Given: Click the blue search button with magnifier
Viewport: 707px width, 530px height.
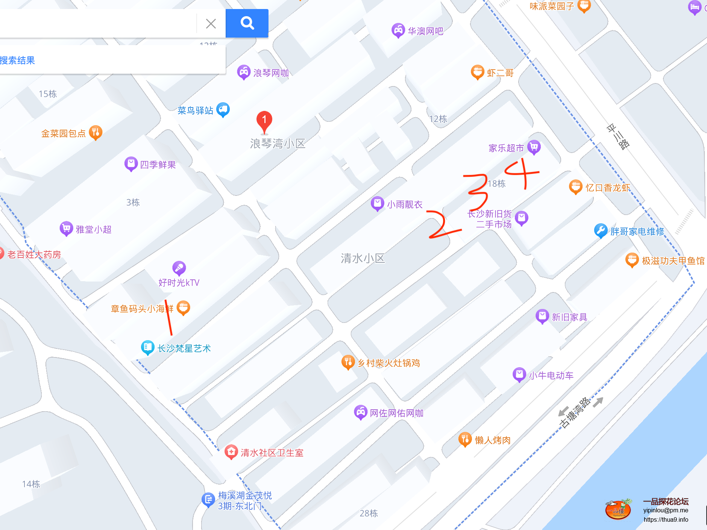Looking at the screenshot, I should point(247,23).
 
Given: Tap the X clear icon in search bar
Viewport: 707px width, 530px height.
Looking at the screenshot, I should point(211,24).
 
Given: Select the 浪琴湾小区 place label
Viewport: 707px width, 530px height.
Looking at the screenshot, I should point(278,144).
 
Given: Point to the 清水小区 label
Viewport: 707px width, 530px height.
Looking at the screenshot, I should point(363,258).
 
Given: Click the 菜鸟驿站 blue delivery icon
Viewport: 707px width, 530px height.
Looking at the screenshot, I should point(223,109).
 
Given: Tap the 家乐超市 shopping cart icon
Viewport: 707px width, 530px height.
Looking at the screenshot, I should point(534,147).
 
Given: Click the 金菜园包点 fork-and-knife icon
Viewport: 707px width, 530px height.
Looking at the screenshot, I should point(96,132).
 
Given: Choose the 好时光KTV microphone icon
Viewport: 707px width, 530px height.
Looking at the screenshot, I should point(179,268).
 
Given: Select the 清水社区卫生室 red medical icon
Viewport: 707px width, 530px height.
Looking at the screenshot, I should point(231,452).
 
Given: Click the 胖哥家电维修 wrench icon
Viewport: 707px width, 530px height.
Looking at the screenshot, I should point(600,230).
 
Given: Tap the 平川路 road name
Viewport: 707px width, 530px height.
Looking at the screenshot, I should point(618,137).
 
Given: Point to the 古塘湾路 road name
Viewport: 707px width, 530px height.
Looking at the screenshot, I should point(575,413).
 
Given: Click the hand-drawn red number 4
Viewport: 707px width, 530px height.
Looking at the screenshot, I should point(523,173).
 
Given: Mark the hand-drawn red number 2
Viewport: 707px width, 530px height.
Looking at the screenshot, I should point(442,225).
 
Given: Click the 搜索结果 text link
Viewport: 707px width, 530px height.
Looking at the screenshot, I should point(18,61).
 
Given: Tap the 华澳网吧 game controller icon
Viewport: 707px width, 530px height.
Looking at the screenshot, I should point(398,30).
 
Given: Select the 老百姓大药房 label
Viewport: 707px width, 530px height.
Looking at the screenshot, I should point(34,254).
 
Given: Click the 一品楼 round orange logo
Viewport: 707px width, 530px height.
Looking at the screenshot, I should point(618,510).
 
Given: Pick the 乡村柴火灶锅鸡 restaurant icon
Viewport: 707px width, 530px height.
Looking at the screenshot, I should point(348,362).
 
